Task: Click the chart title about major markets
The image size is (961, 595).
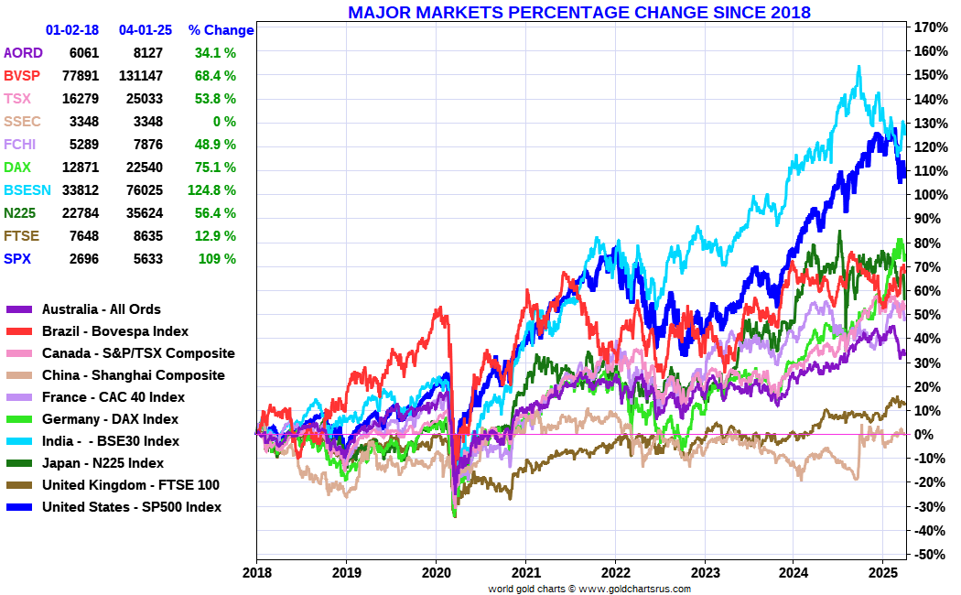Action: pyautogui.click(x=578, y=12)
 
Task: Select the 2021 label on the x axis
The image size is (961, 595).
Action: pyautogui.click(x=525, y=572)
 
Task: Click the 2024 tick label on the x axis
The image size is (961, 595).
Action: pyautogui.click(x=794, y=572)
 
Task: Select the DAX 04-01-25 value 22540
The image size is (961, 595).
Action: pyautogui.click(x=141, y=168)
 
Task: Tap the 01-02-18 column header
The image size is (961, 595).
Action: pyautogui.click(x=72, y=30)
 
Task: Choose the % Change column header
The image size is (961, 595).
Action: pyautogui.click(x=221, y=30)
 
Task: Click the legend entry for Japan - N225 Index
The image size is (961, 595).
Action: pyautogui.click(x=103, y=463)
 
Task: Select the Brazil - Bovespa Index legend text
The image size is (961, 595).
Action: pyautogui.click(x=115, y=331)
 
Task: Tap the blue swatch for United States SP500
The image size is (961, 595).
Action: pyautogui.click(x=20, y=507)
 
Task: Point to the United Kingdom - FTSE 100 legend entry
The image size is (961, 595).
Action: pyautogui.click(x=130, y=485)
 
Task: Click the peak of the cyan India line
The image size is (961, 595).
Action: pyautogui.click(x=858, y=67)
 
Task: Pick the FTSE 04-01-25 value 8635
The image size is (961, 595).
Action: pyautogui.click(x=145, y=236)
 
